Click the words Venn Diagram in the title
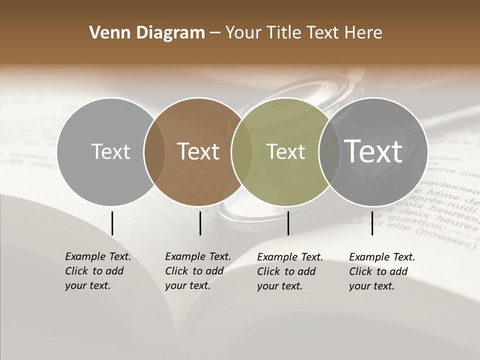[x=147, y=33]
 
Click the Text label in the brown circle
[x=198, y=151]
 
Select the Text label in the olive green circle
[x=285, y=151]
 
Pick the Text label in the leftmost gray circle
[x=110, y=151]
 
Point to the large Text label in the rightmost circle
[x=373, y=151]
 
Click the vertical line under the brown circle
[x=200, y=223]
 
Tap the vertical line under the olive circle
[x=288, y=223]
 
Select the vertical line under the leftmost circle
[x=112, y=223]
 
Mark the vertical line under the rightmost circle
[x=372, y=223]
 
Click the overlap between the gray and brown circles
[x=154, y=151]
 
